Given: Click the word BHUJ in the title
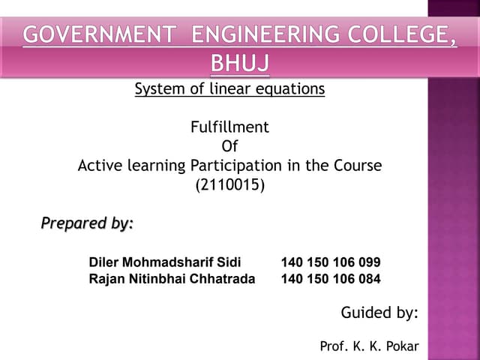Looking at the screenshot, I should [x=240, y=64].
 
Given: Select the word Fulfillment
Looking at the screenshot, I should [x=229, y=127].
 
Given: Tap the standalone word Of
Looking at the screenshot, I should [x=229, y=146].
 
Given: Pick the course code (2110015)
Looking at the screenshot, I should [x=229, y=184].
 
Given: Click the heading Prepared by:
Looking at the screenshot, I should [x=87, y=223].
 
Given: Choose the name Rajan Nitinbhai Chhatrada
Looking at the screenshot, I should [x=172, y=279].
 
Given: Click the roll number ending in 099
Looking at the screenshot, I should [x=331, y=262].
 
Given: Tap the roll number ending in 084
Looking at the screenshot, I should [x=331, y=279].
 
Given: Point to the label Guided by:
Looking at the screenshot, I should [x=379, y=313].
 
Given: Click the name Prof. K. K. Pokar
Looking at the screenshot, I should [x=369, y=346].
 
